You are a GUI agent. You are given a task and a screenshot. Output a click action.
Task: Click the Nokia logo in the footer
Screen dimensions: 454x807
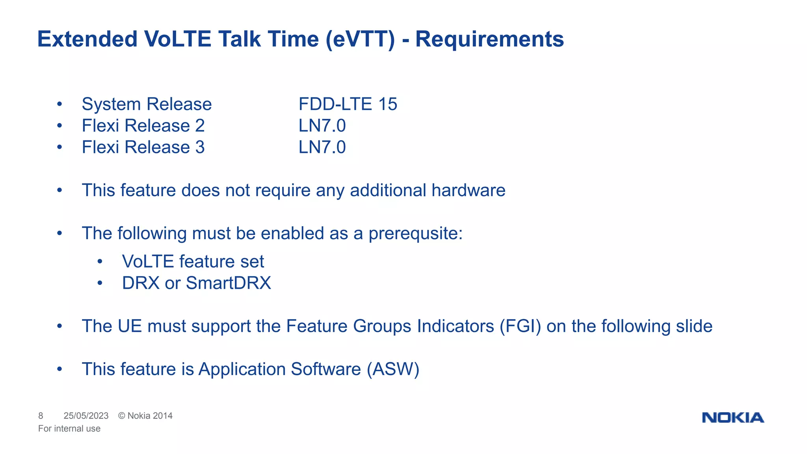pos(733,417)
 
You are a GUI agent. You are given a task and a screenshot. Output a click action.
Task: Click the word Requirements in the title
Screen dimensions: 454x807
pos(489,39)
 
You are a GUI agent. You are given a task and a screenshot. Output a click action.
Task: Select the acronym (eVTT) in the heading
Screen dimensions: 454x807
pos(360,39)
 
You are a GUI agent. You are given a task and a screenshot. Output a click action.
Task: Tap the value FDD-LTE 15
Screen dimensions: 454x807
pos(348,104)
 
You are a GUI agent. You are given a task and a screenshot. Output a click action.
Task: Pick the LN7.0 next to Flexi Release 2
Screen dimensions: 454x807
pos(322,126)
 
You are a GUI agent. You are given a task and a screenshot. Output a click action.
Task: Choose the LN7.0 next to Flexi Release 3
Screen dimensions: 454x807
pos(322,147)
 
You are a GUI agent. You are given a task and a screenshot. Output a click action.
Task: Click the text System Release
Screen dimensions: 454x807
pos(147,104)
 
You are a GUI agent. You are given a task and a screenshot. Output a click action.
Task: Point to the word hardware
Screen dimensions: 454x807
pos(468,190)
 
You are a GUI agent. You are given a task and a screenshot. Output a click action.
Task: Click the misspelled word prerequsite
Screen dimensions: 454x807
pos(415,234)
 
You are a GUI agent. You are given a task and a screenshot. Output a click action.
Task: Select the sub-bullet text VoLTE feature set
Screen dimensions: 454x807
pos(193,262)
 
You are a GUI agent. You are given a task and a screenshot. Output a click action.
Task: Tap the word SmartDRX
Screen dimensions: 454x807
pos(228,283)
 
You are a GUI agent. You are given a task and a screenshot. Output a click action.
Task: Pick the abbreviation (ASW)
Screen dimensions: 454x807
pos(393,369)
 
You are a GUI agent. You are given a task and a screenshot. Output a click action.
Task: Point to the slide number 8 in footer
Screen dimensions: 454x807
pos(41,416)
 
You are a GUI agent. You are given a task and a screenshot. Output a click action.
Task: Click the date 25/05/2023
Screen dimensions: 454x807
pos(86,416)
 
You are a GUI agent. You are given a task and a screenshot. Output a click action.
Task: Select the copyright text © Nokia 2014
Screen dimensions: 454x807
pos(145,416)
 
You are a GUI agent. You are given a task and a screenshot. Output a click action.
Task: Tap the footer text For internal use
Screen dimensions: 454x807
pos(69,428)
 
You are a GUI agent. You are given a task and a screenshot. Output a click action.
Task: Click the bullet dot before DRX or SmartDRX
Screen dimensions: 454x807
pos(100,283)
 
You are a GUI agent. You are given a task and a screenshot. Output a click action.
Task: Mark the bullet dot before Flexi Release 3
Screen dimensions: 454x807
pos(60,147)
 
